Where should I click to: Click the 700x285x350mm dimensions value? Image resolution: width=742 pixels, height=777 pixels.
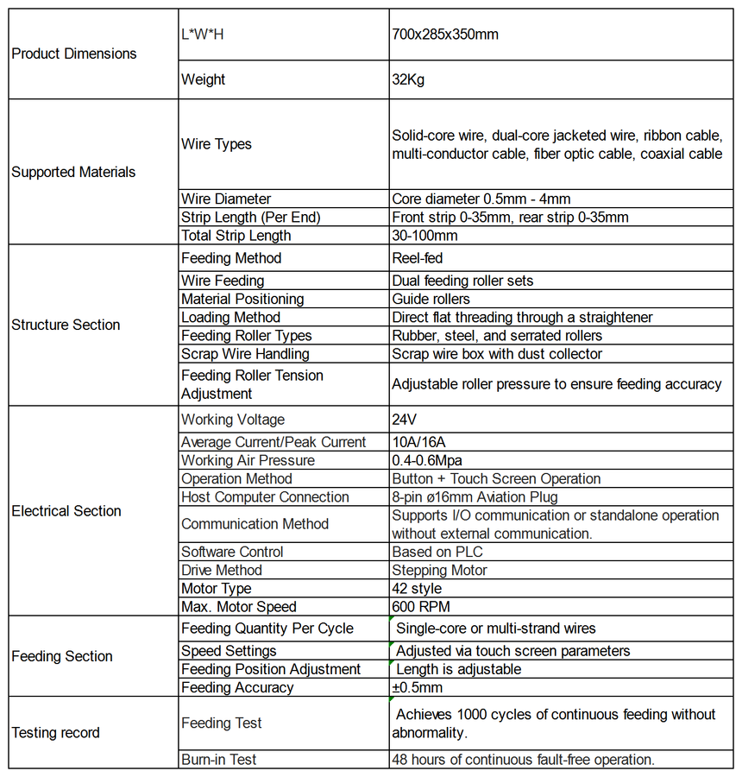point(445,35)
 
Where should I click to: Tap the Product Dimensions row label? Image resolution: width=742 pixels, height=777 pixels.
point(74,54)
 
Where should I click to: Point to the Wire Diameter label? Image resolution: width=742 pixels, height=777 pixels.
point(226,199)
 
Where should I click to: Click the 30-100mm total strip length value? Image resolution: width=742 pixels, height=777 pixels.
point(424,236)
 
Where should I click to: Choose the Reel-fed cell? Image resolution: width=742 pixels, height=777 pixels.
point(418,258)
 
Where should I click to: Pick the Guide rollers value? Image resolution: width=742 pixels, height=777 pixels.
point(431,299)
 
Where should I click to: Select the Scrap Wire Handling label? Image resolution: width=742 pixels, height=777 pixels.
point(245,354)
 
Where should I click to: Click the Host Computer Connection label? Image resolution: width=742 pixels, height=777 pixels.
point(265,497)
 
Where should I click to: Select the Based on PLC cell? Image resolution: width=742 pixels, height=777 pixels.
point(437,552)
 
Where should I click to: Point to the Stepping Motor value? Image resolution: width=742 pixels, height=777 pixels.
point(439,571)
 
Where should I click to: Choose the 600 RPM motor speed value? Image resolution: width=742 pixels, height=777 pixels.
point(421,607)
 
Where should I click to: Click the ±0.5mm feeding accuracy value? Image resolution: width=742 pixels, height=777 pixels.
point(417,688)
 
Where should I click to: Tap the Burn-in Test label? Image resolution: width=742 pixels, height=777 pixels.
point(219,760)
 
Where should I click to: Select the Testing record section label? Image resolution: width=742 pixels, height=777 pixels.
point(56,733)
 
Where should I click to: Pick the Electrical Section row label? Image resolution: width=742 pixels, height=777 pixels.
point(66,511)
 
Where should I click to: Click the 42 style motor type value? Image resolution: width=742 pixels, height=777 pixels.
point(417,589)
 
